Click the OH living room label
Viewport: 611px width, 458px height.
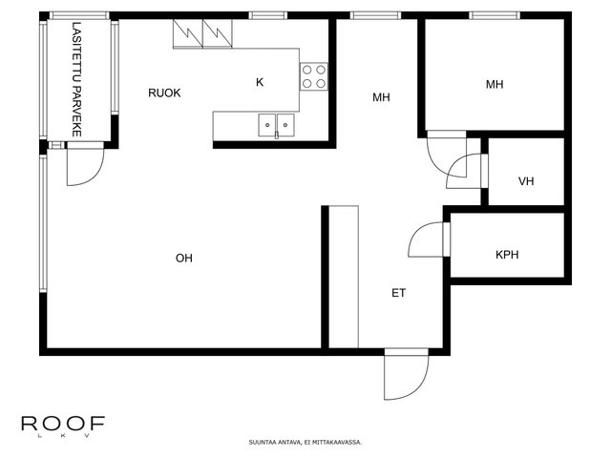coord(184,259)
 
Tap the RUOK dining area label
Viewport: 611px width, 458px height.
coord(164,94)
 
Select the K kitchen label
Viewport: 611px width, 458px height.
coord(260,82)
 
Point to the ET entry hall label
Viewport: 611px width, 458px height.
coord(399,293)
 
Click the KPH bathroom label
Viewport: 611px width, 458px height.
coord(507,255)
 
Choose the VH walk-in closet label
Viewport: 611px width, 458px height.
coord(526,181)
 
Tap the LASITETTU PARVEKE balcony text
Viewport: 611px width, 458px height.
coord(76,79)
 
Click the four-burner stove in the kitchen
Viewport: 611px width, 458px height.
coord(314,76)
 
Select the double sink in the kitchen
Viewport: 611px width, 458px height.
coord(276,125)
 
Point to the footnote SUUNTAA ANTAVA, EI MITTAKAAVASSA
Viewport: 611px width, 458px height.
coord(305,443)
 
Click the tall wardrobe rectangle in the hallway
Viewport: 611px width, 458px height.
coord(344,277)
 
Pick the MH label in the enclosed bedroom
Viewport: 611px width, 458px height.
coord(495,85)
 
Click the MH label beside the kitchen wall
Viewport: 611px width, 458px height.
coord(381,97)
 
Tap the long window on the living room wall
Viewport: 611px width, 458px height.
coord(43,223)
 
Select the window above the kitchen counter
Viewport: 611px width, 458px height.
coord(267,15)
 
